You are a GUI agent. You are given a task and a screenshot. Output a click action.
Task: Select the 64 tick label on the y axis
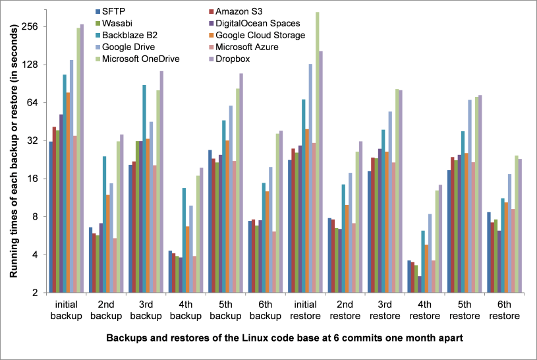(31, 103)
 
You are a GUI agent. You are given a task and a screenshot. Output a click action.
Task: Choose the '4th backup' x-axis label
(185, 311)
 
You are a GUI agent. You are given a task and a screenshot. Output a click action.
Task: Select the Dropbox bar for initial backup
(82, 158)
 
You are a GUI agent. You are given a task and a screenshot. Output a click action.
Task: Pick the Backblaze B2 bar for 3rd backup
(143, 189)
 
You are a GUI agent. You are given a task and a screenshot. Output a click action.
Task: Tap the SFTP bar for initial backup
(51, 217)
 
